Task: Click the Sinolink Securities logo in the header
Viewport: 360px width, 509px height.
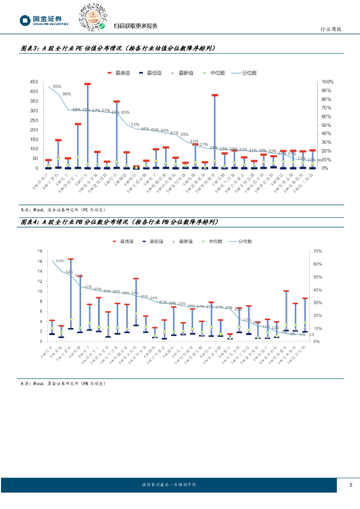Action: click(x=44, y=20)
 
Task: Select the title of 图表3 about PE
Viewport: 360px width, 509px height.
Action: click(x=118, y=49)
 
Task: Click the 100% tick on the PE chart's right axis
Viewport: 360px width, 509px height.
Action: click(x=328, y=82)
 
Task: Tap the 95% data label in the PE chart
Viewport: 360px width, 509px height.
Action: click(x=57, y=86)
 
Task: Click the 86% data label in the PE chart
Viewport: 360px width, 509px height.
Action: click(x=67, y=94)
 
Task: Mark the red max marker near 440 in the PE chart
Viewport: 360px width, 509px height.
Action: click(x=88, y=84)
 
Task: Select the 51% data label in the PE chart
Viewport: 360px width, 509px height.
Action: click(x=135, y=124)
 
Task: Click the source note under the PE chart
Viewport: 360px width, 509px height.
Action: click(x=63, y=209)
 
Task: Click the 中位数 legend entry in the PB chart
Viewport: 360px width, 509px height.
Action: click(x=211, y=241)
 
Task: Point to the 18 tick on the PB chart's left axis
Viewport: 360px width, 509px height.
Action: click(x=39, y=251)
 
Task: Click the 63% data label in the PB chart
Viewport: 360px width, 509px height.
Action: click(x=60, y=260)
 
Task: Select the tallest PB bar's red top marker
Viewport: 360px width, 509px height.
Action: click(x=71, y=259)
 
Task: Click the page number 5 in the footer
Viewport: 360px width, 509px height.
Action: click(x=351, y=485)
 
